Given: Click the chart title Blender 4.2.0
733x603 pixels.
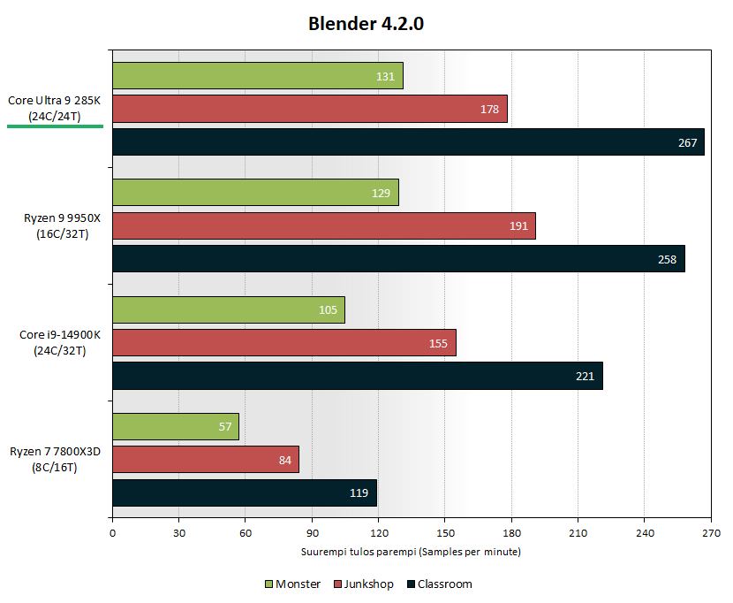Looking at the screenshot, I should [366, 24].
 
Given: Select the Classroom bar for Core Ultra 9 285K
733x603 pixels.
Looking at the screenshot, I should [408, 142].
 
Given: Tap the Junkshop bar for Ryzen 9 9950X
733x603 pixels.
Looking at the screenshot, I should [323, 225].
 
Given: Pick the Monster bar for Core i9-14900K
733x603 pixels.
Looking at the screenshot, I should [228, 309].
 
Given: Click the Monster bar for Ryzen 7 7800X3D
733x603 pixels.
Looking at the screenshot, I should [175, 426].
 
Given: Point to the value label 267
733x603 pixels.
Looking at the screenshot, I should [688, 143].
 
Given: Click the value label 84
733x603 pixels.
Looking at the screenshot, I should [285, 460].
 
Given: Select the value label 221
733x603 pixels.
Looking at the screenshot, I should [586, 376].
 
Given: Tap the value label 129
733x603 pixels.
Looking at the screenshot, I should [382, 193].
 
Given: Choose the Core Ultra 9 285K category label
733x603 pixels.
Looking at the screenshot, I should [55, 108].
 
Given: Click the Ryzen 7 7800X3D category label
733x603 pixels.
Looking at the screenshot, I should [56, 459].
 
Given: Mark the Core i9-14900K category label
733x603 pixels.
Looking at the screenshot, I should [56, 342].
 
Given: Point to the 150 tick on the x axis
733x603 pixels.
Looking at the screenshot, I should [445, 533].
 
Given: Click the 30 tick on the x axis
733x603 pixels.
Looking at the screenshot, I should [178, 533].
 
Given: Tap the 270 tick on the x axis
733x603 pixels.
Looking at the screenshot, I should [711, 533].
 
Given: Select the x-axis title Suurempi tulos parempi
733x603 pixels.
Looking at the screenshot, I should [412, 552].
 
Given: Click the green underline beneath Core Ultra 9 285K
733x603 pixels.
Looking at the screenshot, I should [55, 126].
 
